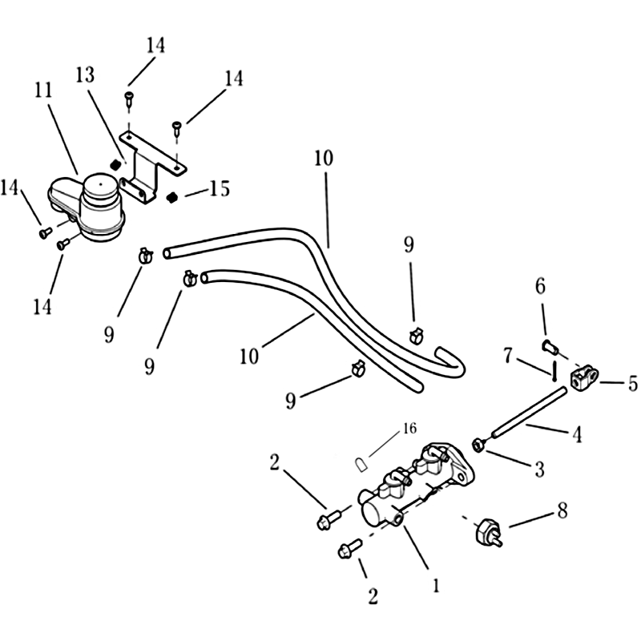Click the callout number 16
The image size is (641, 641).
[x=409, y=428]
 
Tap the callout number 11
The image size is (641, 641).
[x=43, y=90]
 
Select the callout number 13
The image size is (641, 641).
[x=85, y=75]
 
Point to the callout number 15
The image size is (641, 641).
[x=220, y=188]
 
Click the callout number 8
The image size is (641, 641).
[x=562, y=510]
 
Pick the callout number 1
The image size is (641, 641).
[x=436, y=586]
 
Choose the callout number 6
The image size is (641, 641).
[x=540, y=286]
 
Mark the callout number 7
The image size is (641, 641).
[x=508, y=356]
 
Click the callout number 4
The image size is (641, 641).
[x=577, y=434]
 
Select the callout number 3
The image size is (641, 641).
[x=539, y=470]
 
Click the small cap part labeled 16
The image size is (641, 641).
[x=360, y=466]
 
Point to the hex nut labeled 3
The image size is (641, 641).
[x=478, y=445]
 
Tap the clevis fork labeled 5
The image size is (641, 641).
[x=584, y=378]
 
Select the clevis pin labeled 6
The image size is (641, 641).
[x=549, y=348]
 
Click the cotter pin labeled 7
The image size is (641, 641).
[x=553, y=370]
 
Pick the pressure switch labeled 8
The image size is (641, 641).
[x=488, y=533]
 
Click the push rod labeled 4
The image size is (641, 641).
[x=529, y=413]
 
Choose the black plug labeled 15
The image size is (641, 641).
[x=173, y=197]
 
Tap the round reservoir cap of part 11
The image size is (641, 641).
[x=101, y=186]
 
